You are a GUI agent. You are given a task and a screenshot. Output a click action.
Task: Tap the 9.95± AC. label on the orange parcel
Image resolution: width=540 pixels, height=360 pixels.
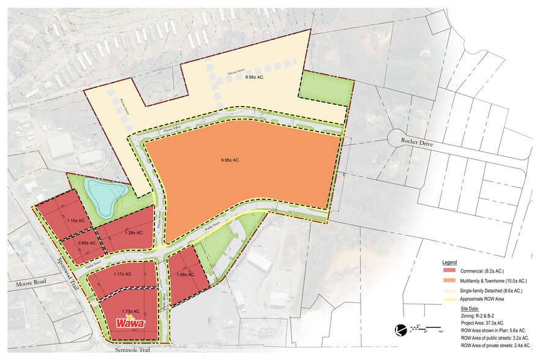point(230,160)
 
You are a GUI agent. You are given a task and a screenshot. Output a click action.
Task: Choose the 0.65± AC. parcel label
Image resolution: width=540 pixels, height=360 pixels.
point(88,243)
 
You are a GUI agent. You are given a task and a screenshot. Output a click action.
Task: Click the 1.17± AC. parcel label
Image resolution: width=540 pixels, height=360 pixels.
point(123,274)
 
